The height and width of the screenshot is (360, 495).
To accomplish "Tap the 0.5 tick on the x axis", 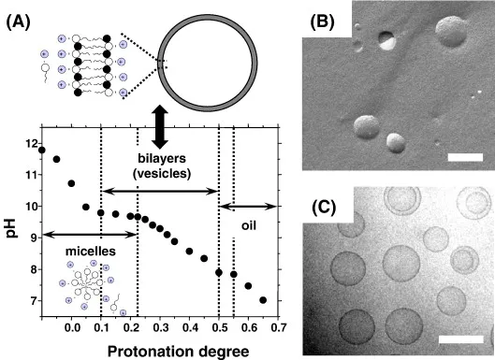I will pos(218,324).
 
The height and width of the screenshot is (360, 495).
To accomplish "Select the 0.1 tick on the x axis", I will pos(100,324).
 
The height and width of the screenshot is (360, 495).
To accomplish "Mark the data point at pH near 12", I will pos(42,149).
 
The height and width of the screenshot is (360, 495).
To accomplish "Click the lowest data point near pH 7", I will pos(263,300).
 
